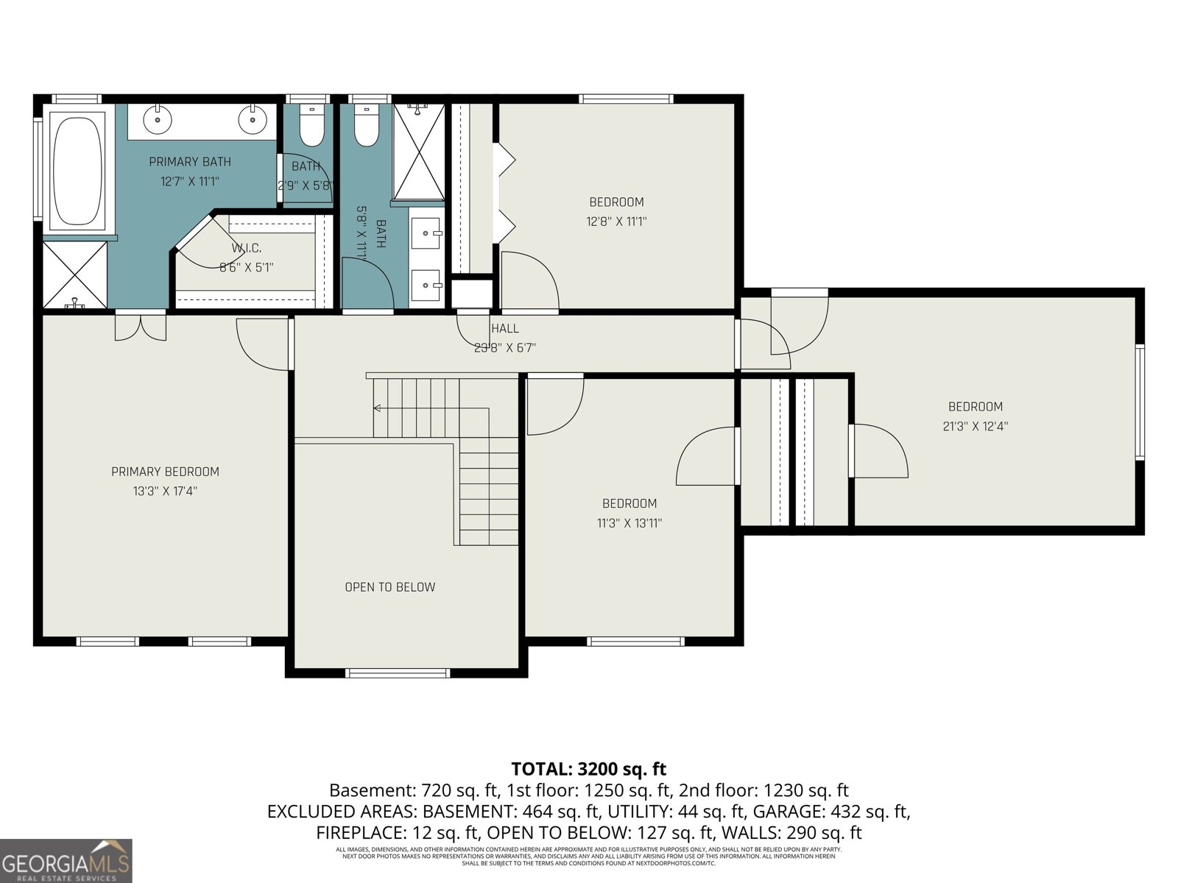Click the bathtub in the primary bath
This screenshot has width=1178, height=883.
coord(77,169)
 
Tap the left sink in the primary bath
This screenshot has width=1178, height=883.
coord(156,118)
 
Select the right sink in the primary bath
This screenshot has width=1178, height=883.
coord(253,118)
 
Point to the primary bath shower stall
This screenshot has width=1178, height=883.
coord(74,274)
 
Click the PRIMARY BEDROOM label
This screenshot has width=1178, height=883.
coord(165,472)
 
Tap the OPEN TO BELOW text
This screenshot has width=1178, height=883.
coord(389,587)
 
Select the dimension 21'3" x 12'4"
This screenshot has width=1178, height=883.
coord(975,426)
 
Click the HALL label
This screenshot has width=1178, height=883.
coord(505,329)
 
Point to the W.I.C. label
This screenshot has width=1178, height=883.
coord(246,249)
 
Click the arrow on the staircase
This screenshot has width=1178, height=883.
coord(378,408)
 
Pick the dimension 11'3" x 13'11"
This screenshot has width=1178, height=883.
coord(629,523)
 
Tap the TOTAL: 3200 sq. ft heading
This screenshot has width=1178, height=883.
coord(588,770)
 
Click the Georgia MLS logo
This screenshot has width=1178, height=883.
coord(66,862)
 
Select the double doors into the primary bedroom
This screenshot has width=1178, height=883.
coord(140,326)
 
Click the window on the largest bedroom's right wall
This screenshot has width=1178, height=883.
coord(1139,402)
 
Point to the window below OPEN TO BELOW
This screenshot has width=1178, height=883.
coord(398,673)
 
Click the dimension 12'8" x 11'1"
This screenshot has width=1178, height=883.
coord(616,221)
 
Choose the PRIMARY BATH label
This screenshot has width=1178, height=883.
coord(190,162)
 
